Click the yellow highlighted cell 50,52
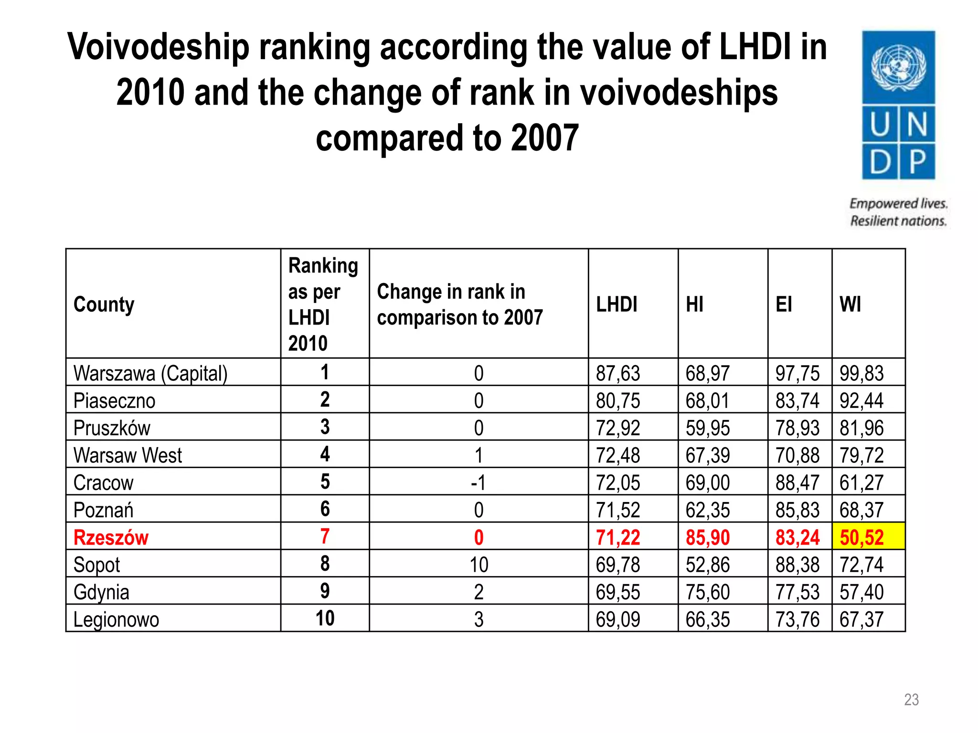click(x=861, y=537)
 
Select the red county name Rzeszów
click(x=111, y=537)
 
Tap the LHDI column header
click(x=617, y=304)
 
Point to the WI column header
click(x=850, y=304)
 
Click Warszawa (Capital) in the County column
click(x=150, y=373)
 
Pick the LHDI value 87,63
click(x=618, y=373)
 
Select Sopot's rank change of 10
click(x=478, y=565)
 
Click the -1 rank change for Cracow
click(x=478, y=483)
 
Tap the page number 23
click(x=911, y=700)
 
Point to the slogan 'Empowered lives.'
click(x=898, y=204)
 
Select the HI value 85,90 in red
click(x=708, y=537)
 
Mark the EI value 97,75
click(x=797, y=373)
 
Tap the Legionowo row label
click(x=116, y=619)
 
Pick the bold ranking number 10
click(x=325, y=618)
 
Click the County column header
click(x=104, y=304)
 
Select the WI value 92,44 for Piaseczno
click(x=861, y=401)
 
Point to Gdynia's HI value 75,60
click(x=708, y=592)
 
